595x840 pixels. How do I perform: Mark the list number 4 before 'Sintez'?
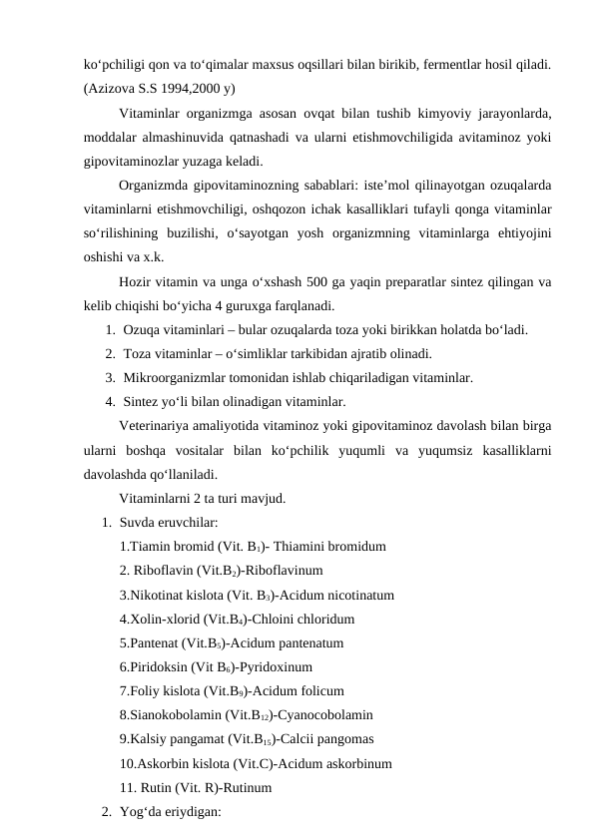[x=108, y=402]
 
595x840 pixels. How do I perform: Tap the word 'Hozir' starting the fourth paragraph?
[x=137, y=280]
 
